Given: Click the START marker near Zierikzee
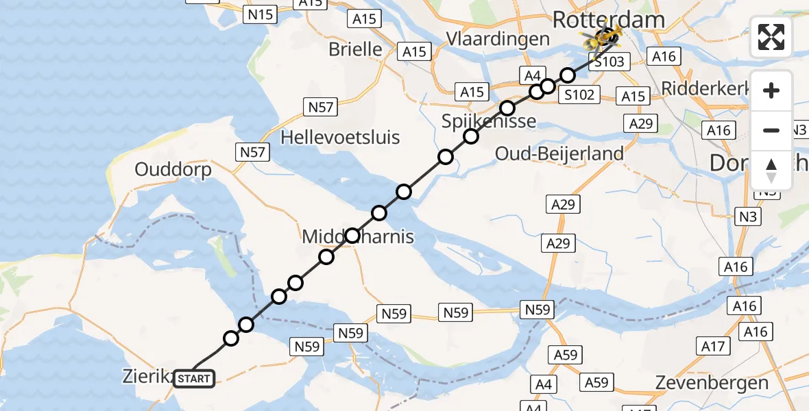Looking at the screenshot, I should [195, 378].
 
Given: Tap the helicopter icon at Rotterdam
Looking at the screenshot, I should [602, 38].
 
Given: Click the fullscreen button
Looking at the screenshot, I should [771, 37].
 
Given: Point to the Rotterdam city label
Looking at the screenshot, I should [608, 20].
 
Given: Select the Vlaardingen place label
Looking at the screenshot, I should [498, 38].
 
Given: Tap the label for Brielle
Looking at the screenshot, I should [355, 49].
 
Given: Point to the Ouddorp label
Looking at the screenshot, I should [173, 169].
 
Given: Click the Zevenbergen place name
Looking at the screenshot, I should [712, 382].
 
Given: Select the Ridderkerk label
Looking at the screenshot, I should [699, 88].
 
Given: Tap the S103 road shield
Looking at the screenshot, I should [609, 62].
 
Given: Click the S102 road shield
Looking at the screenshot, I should [579, 95].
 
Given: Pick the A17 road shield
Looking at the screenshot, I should [713, 347].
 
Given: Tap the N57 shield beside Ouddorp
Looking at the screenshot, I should [252, 152].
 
